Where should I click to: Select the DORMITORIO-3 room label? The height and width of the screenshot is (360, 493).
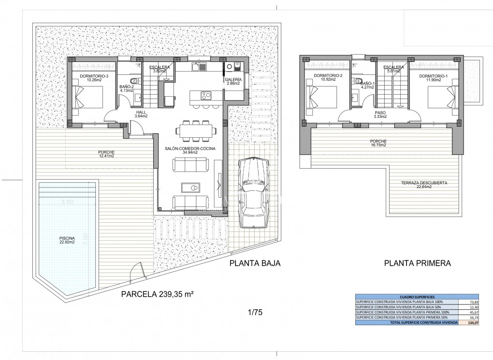tap(94, 77)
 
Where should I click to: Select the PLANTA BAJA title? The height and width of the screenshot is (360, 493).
tap(255, 263)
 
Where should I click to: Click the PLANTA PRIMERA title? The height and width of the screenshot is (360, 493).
tap(417, 263)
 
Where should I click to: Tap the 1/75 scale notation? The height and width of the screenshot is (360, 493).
tap(255, 313)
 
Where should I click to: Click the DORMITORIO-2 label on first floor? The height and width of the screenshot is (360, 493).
tap(328, 76)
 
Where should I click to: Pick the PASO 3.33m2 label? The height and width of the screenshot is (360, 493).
tap(379, 114)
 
